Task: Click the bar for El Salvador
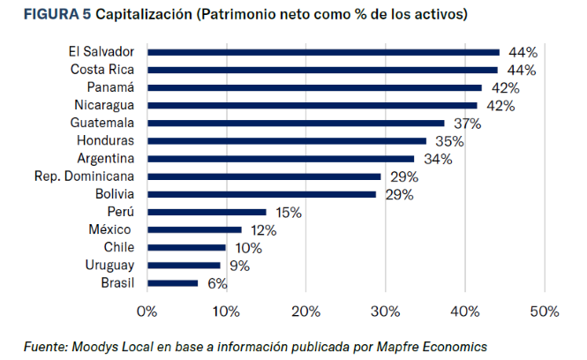click(x=323, y=52)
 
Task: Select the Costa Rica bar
click(x=322, y=70)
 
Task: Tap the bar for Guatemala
click(x=296, y=123)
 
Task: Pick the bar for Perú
click(x=207, y=212)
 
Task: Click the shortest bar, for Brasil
click(x=173, y=282)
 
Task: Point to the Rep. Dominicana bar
click(x=264, y=176)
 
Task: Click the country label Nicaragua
click(x=104, y=105)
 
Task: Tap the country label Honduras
click(x=105, y=141)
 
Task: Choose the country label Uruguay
click(x=109, y=265)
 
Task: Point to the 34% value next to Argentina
click(x=438, y=159)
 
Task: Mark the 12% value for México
click(x=262, y=230)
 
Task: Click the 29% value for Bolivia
click(x=400, y=194)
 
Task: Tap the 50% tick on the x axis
click(x=545, y=311)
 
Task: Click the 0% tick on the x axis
click(x=147, y=311)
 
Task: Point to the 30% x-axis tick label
click(x=385, y=311)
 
